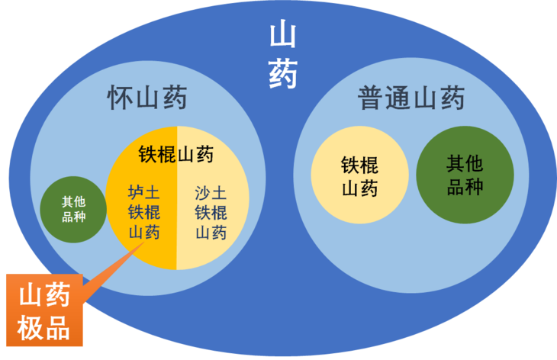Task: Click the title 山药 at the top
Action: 283,54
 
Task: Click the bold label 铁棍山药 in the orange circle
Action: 176,155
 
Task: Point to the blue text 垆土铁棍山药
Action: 144,211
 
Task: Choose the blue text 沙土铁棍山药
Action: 211,211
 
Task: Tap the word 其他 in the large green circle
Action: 464,162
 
